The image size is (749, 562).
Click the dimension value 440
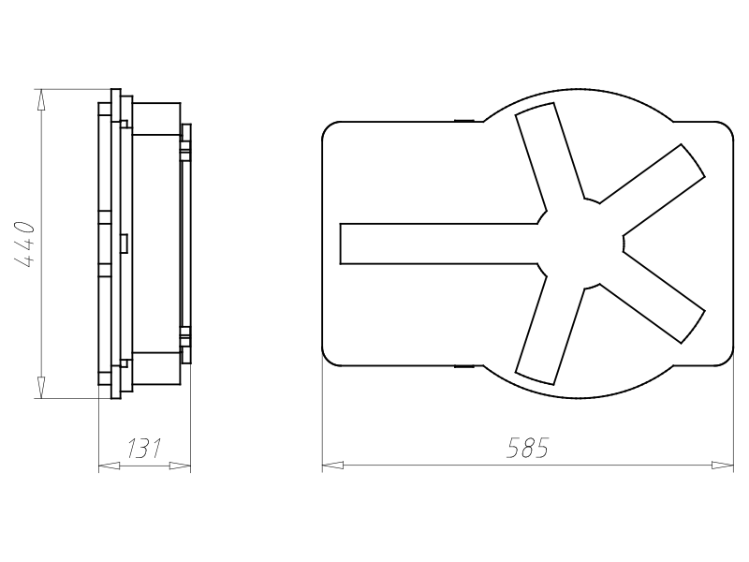click(x=24, y=244)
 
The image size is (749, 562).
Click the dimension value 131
click(x=144, y=449)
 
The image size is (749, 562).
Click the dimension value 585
click(x=527, y=448)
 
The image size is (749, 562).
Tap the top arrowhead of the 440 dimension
click(x=41, y=100)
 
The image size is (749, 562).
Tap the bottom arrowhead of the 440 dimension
click(x=41, y=387)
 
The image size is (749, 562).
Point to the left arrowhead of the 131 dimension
click(x=109, y=465)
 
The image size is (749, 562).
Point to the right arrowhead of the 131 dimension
click(x=180, y=465)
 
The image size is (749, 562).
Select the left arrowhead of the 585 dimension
click(x=333, y=465)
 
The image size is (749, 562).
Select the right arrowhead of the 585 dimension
click(x=722, y=465)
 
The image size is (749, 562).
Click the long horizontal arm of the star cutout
click(x=439, y=244)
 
